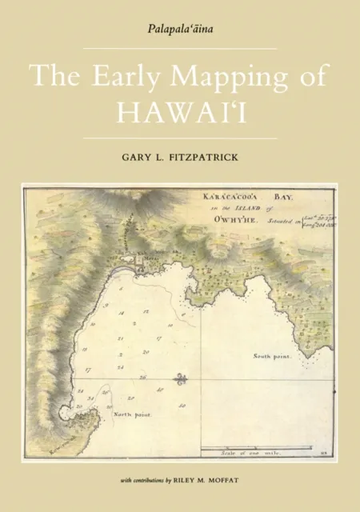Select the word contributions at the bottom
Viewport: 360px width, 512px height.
tap(157, 481)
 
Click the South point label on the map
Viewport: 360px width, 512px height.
tap(274, 354)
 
